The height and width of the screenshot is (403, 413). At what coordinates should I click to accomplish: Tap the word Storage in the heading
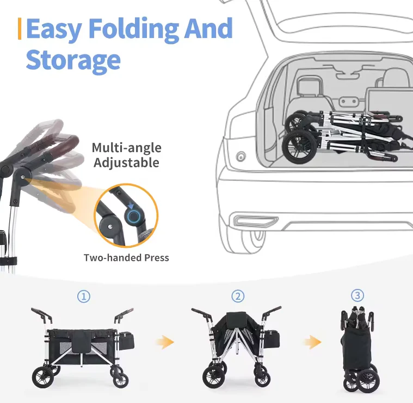pyautogui.click(x=73, y=60)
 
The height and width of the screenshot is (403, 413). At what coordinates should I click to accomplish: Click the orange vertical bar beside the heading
pyautogui.click(x=20, y=29)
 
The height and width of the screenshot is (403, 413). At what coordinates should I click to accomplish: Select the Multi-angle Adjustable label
pyautogui.click(x=126, y=155)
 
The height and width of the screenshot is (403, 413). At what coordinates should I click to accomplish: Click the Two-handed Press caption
pyautogui.click(x=126, y=257)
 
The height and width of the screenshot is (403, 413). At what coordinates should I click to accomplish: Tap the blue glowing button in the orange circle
pyautogui.click(x=133, y=217)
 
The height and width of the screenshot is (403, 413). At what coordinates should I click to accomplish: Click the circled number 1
pyautogui.click(x=84, y=297)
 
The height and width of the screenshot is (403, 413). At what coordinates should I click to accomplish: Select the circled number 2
pyautogui.click(x=238, y=296)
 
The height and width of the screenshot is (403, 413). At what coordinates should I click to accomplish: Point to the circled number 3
pyautogui.click(x=357, y=295)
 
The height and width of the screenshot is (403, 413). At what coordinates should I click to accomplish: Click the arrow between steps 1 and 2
pyautogui.click(x=165, y=342)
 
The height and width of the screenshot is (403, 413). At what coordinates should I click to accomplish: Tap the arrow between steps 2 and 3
pyautogui.click(x=313, y=342)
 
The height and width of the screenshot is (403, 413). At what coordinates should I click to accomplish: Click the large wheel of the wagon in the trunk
pyautogui.click(x=300, y=147)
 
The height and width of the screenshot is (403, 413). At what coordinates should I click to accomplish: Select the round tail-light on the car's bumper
pyautogui.click(x=241, y=156)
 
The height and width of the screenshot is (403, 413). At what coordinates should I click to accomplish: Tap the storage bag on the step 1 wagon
pyautogui.click(x=127, y=341)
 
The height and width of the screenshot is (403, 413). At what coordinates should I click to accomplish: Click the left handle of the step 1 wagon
pyautogui.click(x=41, y=316)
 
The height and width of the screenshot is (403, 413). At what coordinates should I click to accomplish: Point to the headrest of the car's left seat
pyautogui.click(x=310, y=85)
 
